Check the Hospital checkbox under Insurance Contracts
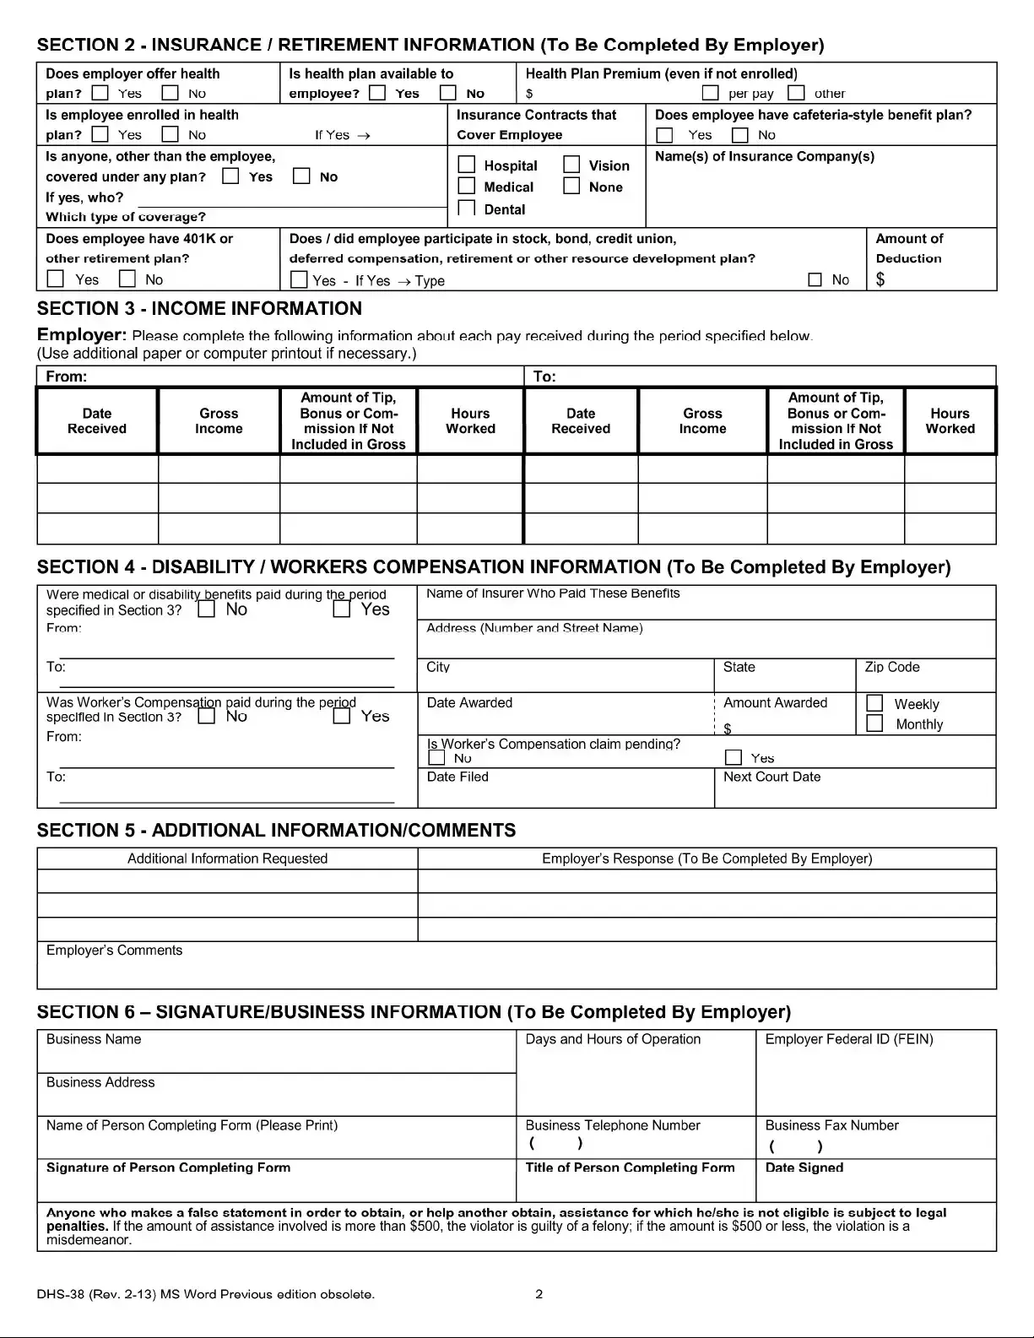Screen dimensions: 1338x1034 (x=467, y=165)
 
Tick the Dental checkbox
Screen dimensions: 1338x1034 (x=467, y=208)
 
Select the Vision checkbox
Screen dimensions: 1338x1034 (x=571, y=165)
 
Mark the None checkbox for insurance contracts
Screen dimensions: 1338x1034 (x=571, y=186)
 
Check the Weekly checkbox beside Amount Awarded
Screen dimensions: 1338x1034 (x=875, y=703)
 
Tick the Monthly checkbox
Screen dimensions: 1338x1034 (x=875, y=723)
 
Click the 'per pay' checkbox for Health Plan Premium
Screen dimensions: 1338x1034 (x=711, y=93)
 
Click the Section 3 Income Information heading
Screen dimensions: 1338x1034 (x=199, y=309)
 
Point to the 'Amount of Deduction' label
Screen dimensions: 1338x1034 (x=909, y=248)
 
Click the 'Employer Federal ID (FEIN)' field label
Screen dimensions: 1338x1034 (x=848, y=1039)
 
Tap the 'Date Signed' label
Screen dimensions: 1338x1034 (x=804, y=1167)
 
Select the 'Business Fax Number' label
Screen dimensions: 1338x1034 (x=831, y=1125)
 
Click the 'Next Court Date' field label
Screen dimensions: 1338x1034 (x=771, y=777)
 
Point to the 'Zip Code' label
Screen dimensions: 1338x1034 (x=891, y=667)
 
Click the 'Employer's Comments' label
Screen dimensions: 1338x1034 (x=114, y=951)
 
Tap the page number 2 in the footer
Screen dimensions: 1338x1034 (x=539, y=1294)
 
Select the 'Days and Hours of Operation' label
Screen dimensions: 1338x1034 (x=613, y=1039)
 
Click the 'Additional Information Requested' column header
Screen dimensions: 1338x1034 (x=227, y=859)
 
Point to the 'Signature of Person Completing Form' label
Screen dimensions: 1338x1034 (x=168, y=1167)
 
